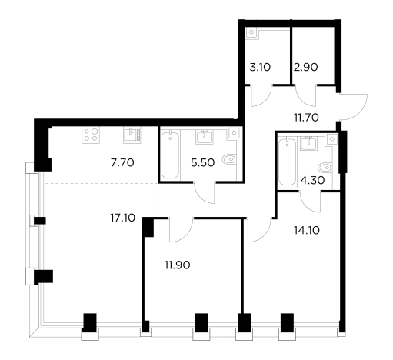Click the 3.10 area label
[260, 68]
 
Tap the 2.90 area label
[305, 67]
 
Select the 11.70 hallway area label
[306, 118]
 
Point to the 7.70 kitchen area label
[122, 162]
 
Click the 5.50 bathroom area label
[202, 162]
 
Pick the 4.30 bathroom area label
[312, 181]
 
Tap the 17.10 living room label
[123, 218]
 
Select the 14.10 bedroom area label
[307, 230]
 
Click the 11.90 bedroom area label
[178, 265]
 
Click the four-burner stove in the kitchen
[91, 135]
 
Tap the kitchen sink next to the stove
[132, 135]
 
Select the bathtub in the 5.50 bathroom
[170, 155]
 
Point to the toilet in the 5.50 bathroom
[229, 159]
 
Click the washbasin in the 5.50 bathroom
[205, 137]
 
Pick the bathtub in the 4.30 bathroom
[287, 162]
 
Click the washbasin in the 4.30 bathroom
[308, 143]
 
